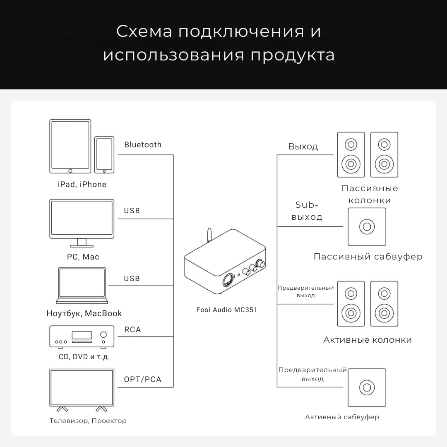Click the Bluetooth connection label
[143, 145]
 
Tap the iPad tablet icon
[70, 146]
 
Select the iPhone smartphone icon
[104, 155]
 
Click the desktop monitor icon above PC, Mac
[82, 221]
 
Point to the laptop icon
[82, 286]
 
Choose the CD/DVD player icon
[82, 336]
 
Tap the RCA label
[132, 330]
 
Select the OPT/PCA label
[142, 380]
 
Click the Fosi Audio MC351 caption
[227, 310]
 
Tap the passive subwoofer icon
[367, 226]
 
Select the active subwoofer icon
[367, 387]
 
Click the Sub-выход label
[307, 211]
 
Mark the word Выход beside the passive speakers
[303, 147]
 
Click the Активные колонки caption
[368, 340]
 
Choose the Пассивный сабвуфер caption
[368, 257]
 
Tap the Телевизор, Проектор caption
[88, 421]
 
